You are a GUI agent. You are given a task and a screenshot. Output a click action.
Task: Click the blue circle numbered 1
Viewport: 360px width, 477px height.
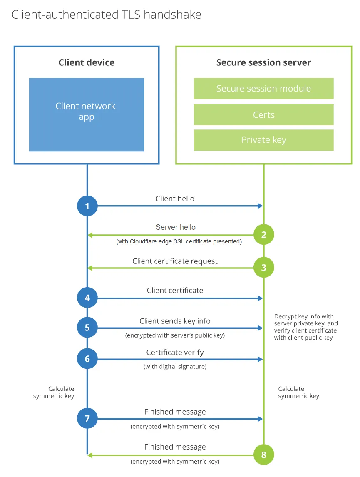[87, 206]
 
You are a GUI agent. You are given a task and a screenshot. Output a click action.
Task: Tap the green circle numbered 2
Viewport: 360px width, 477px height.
[264, 235]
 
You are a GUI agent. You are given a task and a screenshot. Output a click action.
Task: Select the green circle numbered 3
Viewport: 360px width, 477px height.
[264, 268]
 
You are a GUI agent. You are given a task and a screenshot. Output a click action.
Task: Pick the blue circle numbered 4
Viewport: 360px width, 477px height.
[87, 298]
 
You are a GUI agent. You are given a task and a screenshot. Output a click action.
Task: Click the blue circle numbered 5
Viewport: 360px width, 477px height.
[87, 328]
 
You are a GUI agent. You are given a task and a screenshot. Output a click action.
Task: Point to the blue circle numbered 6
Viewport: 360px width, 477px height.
[87, 359]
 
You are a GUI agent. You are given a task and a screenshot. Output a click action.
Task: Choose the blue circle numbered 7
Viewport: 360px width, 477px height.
[87, 418]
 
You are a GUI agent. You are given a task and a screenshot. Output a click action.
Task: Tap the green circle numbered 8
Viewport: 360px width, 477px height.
[264, 455]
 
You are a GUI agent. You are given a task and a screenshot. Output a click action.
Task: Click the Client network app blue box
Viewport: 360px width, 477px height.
[87, 114]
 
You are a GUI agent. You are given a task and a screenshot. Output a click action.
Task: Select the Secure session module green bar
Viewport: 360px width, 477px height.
[263, 89]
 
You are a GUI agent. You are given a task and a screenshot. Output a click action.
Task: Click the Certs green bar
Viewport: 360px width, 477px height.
[263, 114]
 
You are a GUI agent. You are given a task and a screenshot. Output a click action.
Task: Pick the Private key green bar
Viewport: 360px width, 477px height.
[263, 140]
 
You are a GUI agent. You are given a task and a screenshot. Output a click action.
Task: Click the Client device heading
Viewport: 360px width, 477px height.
[87, 63]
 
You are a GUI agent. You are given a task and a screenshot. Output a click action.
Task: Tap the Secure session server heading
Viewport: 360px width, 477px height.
[263, 63]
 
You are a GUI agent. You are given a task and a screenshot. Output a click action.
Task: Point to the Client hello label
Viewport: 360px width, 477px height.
[175, 199]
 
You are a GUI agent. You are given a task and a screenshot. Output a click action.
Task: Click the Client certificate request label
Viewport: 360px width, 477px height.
[175, 261]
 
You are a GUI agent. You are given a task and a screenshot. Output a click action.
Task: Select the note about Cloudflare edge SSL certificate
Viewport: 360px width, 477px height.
[179, 241]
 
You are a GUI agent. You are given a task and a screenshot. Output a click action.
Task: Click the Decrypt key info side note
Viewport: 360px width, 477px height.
[306, 327]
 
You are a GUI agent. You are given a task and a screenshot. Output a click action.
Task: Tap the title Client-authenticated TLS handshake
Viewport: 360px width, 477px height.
[107, 15]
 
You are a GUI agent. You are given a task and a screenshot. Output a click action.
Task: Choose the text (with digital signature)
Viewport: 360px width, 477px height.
[175, 367]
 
